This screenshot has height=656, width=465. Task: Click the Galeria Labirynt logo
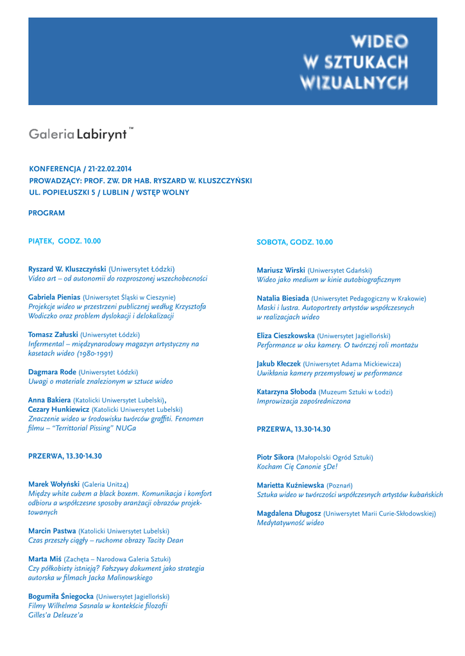pos(80,134)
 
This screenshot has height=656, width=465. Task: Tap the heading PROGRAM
pos(46,213)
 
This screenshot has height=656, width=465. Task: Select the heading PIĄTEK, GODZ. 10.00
pos(64,241)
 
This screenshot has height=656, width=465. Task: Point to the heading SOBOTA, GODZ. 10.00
pos(294,242)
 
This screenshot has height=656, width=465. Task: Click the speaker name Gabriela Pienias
pos(55,297)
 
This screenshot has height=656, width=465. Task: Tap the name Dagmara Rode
pos(52,372)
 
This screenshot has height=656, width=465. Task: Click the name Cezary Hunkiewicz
pos(58,409)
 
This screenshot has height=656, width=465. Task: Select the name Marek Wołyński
pos(54,484)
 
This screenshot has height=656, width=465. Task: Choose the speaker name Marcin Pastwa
pos(52,531)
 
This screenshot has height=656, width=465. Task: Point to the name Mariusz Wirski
pos(281,270)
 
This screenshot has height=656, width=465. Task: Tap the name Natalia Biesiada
pos(283,299)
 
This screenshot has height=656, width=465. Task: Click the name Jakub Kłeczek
pos(278,364)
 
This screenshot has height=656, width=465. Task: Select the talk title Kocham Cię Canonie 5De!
pos(297,467)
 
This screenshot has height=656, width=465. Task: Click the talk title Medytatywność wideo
pos(291,523)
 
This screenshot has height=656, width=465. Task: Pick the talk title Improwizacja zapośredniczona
pos(304,401)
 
